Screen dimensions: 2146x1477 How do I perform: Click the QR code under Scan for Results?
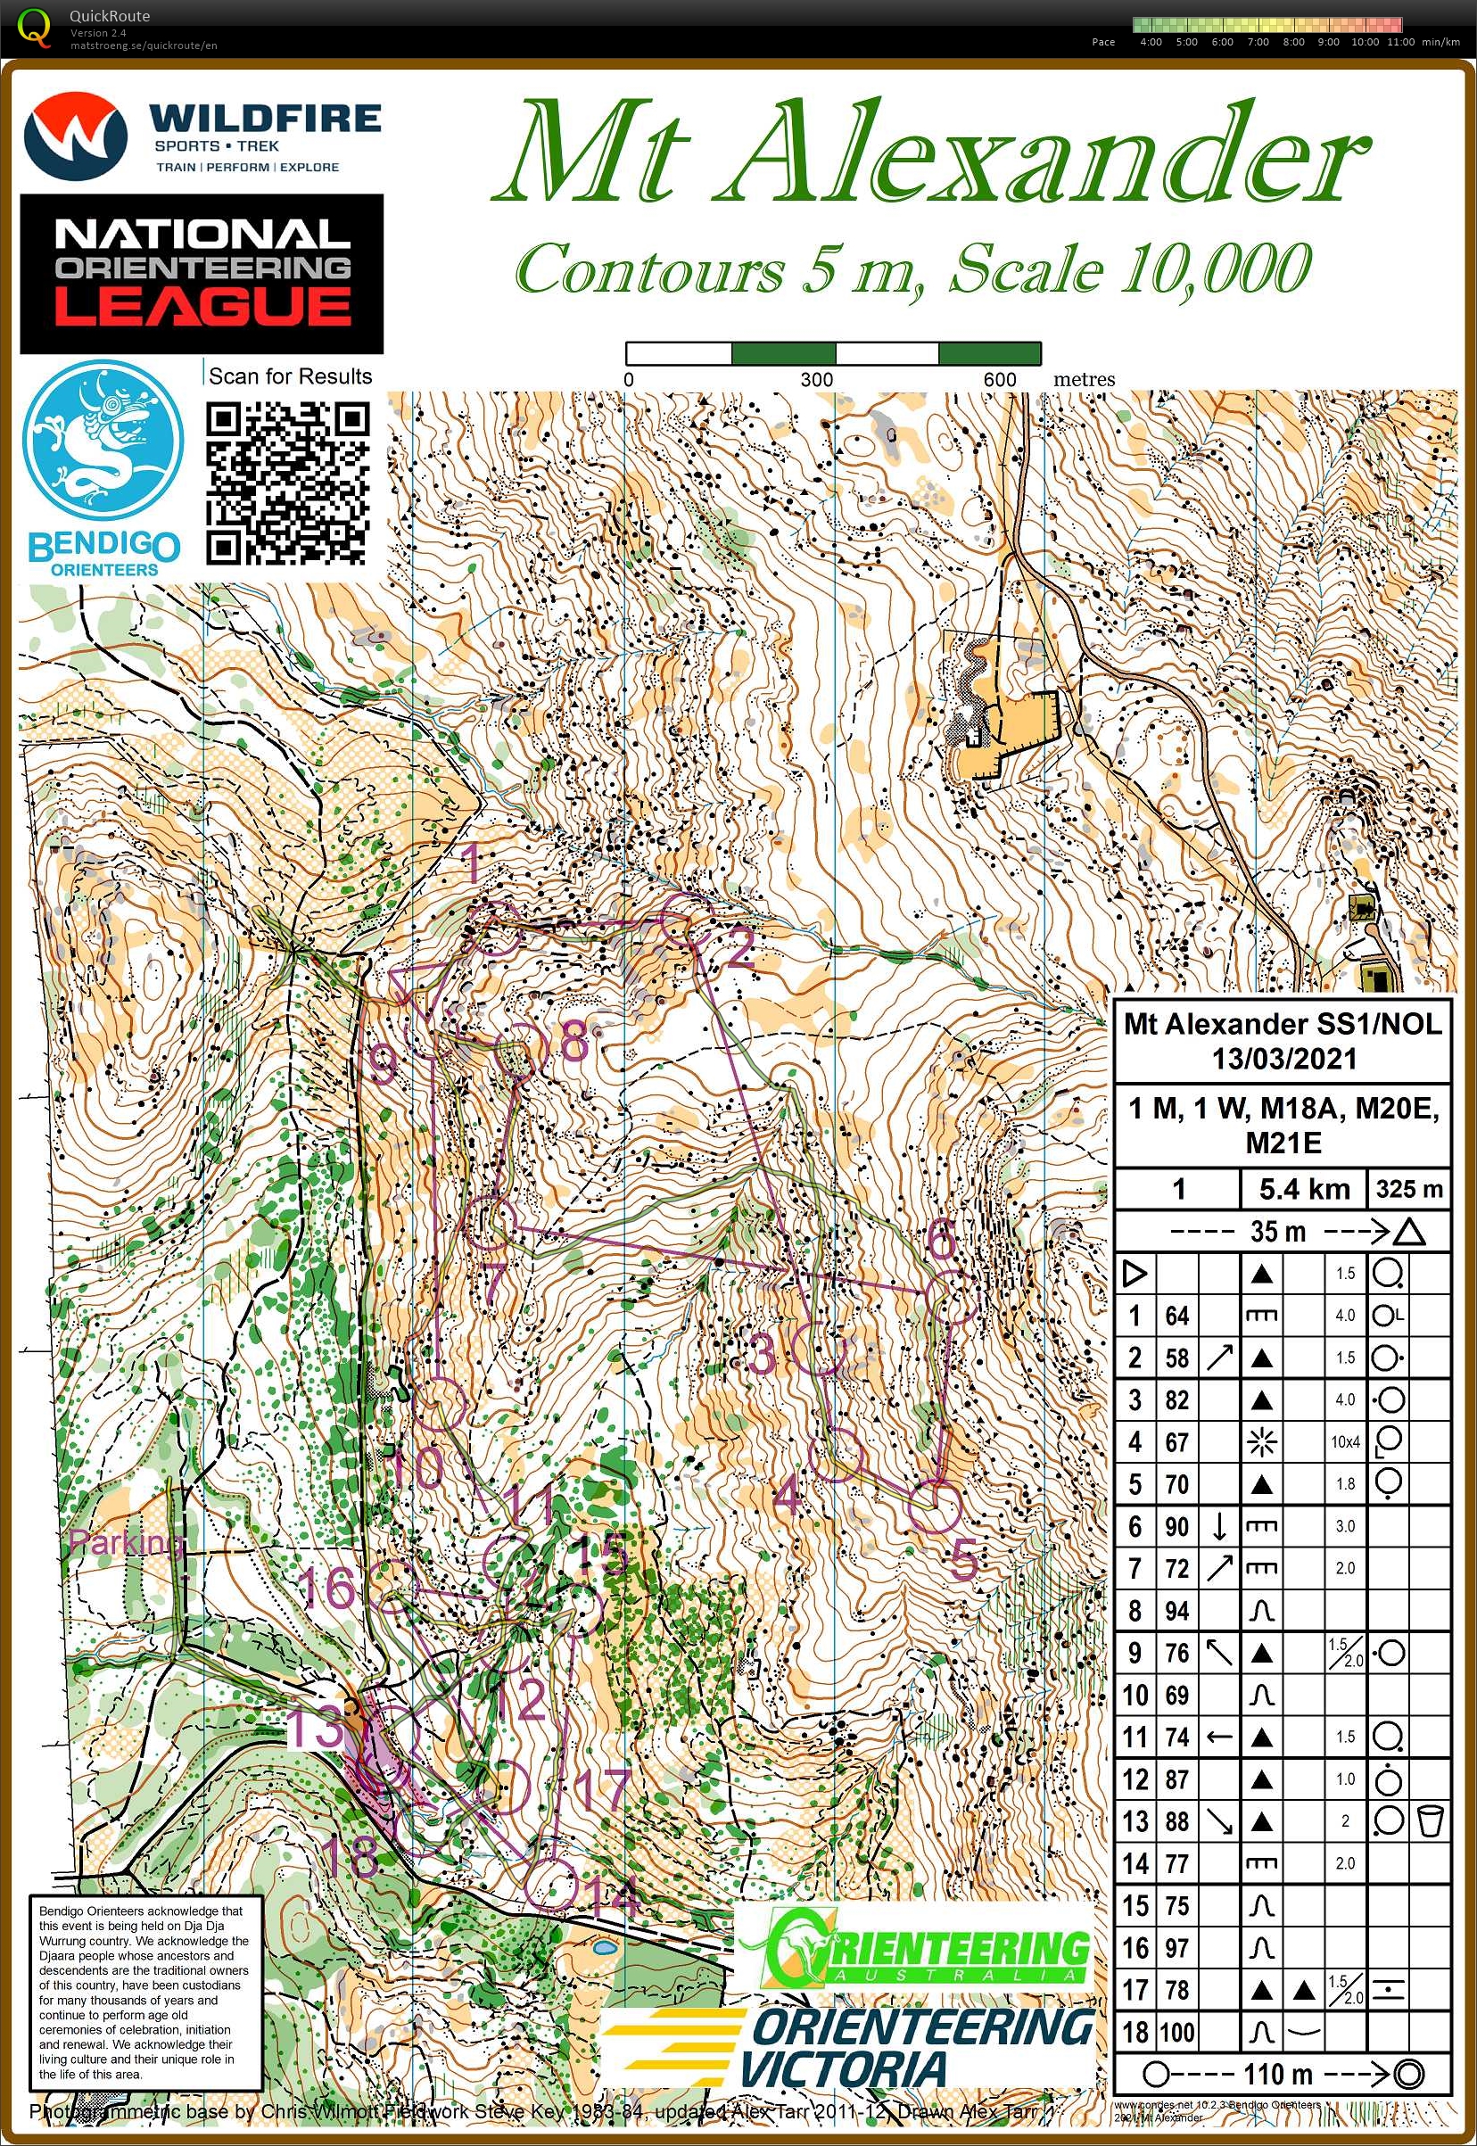287,483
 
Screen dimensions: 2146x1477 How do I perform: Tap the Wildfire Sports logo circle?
74,136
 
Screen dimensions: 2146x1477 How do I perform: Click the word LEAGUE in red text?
202,306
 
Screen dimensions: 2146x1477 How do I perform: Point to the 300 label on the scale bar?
816,379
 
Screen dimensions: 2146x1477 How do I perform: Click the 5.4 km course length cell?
1303,1188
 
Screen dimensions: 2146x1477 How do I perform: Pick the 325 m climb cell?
1408,1188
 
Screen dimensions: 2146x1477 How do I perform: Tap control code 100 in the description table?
1176,2033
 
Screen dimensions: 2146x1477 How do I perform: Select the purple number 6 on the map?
940,1239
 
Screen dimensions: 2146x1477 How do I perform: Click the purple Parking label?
126,1542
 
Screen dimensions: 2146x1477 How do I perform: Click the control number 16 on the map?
326,1589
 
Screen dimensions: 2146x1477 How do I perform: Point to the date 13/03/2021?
1283,1059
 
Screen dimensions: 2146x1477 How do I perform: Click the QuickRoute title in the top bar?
109,16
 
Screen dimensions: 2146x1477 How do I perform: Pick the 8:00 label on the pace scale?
1293,42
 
